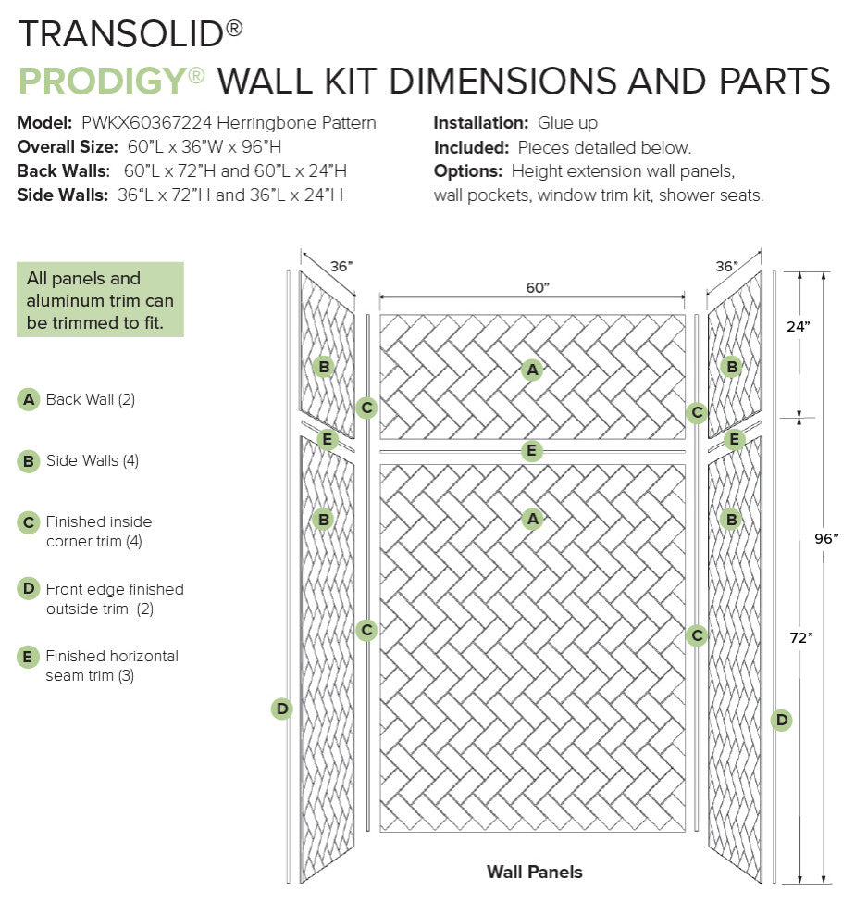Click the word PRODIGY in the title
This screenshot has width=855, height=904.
101,82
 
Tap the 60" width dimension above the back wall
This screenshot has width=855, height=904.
538,288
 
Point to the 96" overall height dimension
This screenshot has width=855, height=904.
826,537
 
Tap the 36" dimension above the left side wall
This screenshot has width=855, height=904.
341,266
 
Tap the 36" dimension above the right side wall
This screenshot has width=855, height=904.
726,266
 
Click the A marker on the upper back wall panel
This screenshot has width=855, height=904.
531,370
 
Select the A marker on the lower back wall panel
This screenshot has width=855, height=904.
531,519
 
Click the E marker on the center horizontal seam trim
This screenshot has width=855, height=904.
531,451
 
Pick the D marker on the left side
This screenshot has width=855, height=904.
282,709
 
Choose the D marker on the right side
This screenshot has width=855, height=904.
782,720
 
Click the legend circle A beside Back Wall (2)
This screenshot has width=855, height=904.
29,400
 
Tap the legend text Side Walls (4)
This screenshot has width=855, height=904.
93,460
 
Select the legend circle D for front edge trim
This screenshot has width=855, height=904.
29,589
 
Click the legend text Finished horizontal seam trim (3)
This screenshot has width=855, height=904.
111,666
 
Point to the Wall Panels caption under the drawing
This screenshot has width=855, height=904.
534,872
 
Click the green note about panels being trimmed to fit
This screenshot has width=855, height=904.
100,299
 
